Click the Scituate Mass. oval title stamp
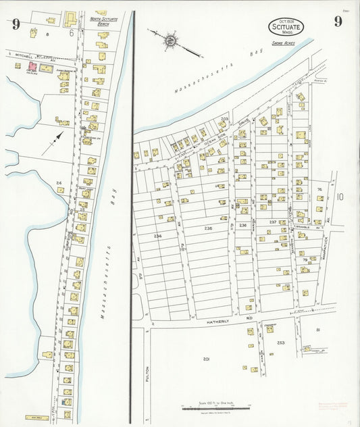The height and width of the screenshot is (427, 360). click(286, 27)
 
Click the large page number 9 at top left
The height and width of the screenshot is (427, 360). click(15, 24)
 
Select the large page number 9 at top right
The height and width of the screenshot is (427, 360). click(337, 22)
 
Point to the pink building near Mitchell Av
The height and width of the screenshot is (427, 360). click(31, 68)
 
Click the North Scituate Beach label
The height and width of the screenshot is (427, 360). click(103, 21)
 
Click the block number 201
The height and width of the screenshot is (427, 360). click(206, 359)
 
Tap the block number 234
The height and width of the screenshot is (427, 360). click(157, 236)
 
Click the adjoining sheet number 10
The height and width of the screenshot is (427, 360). click(339, 197)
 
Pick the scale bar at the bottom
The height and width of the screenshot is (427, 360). click(216, 407)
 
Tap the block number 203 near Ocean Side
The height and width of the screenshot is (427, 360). click(224, 118)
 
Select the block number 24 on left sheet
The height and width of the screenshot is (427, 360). click(59, 183)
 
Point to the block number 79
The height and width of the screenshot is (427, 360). click(305, 260)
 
